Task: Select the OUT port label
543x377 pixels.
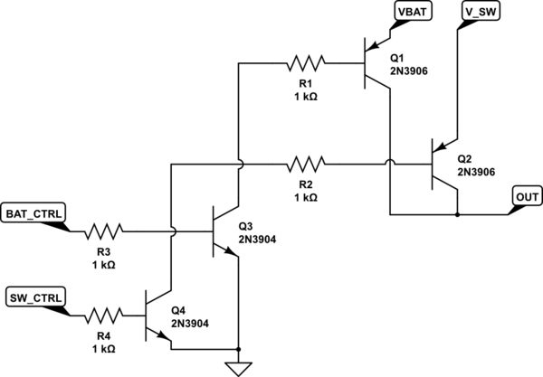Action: coord(526,194)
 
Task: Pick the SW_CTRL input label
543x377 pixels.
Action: coord(35,297)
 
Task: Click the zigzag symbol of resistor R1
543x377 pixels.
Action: coord(304,63)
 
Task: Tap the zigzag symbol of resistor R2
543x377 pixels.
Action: coord(304,165)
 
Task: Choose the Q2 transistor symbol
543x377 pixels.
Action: coord(443,165)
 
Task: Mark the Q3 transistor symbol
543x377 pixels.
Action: coord(223,231)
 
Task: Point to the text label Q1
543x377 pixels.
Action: coord(397,53)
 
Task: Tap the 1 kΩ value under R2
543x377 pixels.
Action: coord(304,197)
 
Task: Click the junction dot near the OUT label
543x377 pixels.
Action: coord(457,214)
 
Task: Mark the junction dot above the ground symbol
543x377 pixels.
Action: coord(237,349)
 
